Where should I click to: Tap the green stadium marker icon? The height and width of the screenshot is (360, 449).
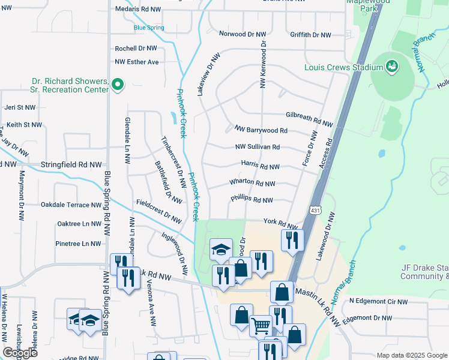393,66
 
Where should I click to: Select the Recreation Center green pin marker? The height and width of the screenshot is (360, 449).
118,85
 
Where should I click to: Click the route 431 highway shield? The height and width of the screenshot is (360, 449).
316,210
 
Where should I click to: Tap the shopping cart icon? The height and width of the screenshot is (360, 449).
261,326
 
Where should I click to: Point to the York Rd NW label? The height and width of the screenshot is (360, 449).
280,222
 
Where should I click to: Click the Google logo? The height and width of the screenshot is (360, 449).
20,353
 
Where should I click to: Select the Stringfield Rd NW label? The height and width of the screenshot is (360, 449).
71,164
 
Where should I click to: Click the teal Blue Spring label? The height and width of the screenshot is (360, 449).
148,27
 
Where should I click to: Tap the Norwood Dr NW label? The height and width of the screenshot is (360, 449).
242,34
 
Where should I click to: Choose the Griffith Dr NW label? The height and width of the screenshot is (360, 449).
309,35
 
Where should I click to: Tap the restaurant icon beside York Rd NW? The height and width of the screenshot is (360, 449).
292,241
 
